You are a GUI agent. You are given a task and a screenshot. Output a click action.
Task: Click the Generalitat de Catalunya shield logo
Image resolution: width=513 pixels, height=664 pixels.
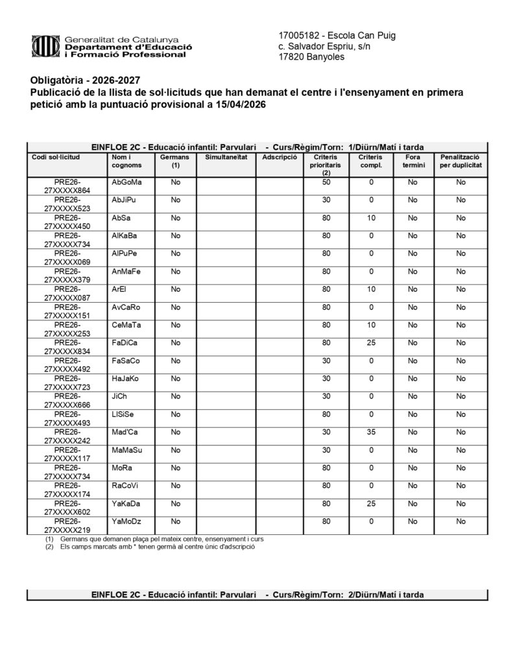[46, 47]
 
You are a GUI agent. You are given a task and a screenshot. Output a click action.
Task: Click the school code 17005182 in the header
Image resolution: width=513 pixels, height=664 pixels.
[298, 35]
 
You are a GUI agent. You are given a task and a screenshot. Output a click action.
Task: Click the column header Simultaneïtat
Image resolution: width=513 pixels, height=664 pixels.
[226, 157]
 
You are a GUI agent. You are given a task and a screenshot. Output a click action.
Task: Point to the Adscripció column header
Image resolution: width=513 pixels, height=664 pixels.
[280, 157]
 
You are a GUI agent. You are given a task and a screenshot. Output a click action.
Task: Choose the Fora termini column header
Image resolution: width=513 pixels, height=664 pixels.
[412, 161]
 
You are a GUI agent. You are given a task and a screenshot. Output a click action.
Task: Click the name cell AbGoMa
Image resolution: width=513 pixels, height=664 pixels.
[126, 182]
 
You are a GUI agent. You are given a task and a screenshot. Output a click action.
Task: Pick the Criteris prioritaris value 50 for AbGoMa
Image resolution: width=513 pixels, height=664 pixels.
[326, 182]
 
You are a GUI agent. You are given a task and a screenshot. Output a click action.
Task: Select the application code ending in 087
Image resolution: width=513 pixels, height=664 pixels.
[67, 293]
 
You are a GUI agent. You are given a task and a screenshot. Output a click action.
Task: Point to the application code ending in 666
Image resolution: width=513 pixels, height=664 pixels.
[67, 400]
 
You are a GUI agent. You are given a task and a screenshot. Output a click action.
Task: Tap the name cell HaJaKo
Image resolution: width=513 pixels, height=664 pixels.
[125, 378]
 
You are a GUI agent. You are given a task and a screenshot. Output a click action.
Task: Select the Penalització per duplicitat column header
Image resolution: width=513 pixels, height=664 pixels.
[460, 161]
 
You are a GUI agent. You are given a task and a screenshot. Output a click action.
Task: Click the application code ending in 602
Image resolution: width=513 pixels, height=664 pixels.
[67, 507]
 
